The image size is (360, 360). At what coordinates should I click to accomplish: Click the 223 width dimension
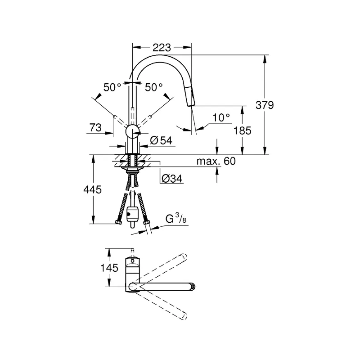162,48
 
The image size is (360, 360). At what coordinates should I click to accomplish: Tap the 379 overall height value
265,105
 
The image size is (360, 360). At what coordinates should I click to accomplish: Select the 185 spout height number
243,130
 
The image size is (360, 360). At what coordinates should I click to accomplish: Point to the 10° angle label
221,118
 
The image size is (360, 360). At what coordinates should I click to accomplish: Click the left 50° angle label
112,87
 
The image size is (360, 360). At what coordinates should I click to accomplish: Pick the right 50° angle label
154,87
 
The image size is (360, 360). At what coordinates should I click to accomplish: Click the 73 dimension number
95,127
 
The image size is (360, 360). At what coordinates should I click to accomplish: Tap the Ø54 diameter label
161,140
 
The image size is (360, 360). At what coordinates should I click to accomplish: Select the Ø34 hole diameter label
172,178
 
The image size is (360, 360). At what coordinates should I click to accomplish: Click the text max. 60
216,161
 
